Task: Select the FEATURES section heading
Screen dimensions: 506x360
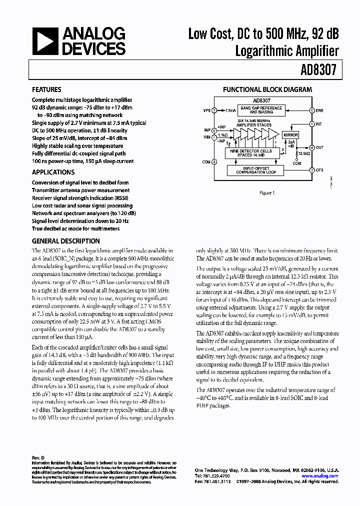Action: (47, 90)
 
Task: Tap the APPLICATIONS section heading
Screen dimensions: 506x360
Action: (53, 171)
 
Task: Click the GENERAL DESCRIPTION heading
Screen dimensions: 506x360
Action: (65, 241)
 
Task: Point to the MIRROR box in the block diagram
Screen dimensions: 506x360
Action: (290, 135)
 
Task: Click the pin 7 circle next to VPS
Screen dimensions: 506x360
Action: (214, 110)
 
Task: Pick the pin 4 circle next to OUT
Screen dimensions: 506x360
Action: (312, 148)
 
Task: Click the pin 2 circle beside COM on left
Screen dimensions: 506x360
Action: (214, 161)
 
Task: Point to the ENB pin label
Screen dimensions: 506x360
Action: (320, 110)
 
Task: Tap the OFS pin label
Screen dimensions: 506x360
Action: (319, 170)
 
